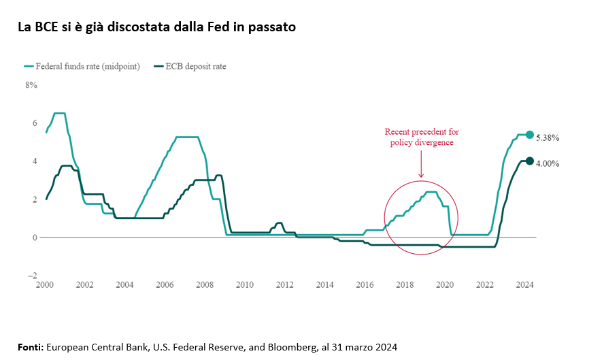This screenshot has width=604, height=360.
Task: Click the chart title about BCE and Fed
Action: pos(156,28)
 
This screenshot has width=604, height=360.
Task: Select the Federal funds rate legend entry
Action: pos(82,67)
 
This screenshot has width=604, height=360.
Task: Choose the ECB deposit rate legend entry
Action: pos(190,67)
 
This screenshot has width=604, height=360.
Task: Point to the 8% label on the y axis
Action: pos(31,85)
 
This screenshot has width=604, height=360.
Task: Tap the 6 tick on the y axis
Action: pos(33,123)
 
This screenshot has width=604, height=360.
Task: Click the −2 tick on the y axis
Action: pos(32,276)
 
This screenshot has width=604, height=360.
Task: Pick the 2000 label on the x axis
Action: pos(45,284)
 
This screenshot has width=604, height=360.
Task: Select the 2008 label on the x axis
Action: pos(205,284)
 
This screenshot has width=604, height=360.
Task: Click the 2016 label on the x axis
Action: pos(365,284)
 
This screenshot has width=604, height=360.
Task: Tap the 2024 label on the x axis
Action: pos(524,284)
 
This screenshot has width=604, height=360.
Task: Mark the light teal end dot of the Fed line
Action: pos(530,135)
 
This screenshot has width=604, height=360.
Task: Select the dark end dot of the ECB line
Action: pos(530,161)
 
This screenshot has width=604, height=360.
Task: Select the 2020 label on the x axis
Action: pos(445,284)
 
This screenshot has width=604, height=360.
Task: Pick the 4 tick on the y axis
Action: pos(33,161)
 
